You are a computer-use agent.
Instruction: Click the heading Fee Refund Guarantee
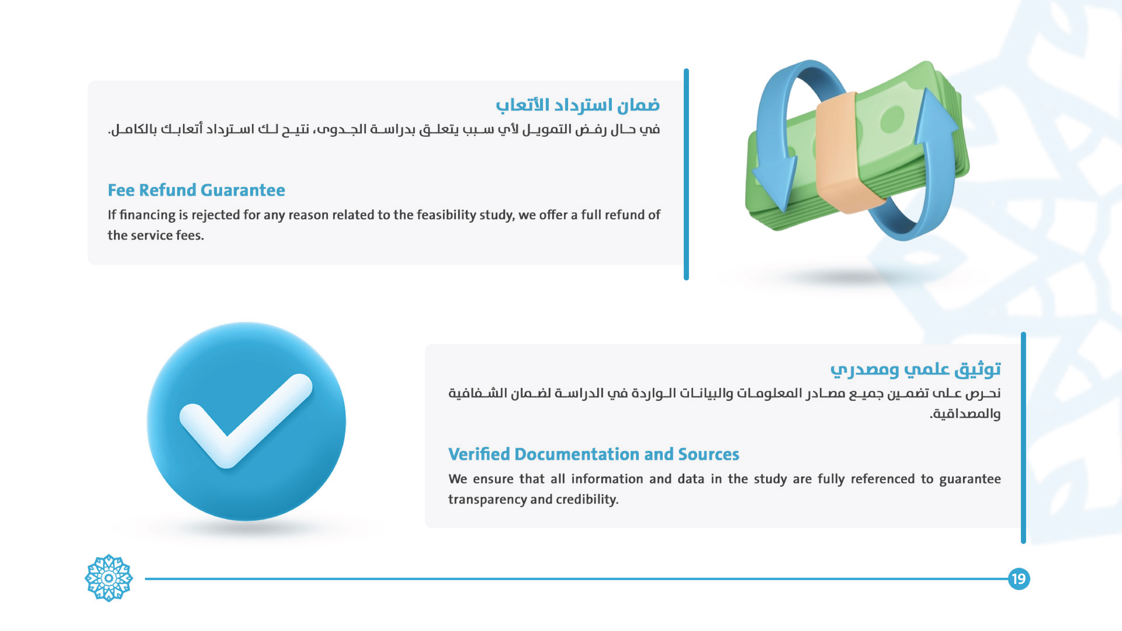coord(196,190)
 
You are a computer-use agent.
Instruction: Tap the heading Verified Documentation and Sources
coord(594,454)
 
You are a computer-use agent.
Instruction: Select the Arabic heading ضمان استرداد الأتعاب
coord(578,105)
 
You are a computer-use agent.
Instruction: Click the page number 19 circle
coord(1019,579)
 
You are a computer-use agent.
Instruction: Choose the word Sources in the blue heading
coord(709,454)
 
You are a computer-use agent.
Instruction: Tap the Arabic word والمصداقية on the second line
coord(966,414)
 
